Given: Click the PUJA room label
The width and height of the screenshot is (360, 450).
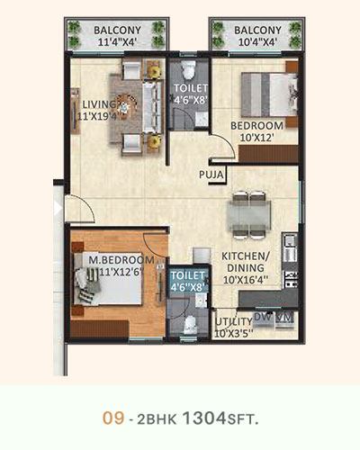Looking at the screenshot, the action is point(211,175).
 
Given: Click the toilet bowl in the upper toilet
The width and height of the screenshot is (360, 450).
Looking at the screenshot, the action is point(189,69).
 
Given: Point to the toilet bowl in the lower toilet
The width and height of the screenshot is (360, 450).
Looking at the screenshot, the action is point(190,325).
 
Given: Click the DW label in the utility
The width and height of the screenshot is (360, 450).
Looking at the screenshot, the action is point(262,317).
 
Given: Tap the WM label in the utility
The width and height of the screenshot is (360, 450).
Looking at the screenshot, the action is point(284,317).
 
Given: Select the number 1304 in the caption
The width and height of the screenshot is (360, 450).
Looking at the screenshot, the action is point(204,418).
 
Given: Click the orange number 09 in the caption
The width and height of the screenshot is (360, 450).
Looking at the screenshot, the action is point(113,418).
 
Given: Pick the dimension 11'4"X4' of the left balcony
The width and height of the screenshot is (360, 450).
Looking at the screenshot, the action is point(117,42).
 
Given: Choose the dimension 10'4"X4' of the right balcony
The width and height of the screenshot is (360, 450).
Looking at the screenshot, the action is point(257,42).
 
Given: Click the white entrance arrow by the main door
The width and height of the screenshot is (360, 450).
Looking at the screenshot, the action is point(58,208).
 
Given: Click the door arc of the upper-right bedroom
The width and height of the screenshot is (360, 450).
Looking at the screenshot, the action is point(227,142).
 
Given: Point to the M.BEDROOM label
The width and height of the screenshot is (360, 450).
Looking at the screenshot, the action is point(121,260).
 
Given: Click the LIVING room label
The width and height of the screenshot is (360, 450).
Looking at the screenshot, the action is point(99,104).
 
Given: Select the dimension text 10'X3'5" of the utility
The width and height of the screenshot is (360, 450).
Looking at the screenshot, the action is point(234,333).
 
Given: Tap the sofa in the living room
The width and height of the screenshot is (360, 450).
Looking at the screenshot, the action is point(152,106).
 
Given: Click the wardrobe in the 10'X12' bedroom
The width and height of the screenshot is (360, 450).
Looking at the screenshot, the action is point(268,154).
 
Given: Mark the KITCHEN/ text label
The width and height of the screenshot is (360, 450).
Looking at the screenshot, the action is point(246,256).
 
